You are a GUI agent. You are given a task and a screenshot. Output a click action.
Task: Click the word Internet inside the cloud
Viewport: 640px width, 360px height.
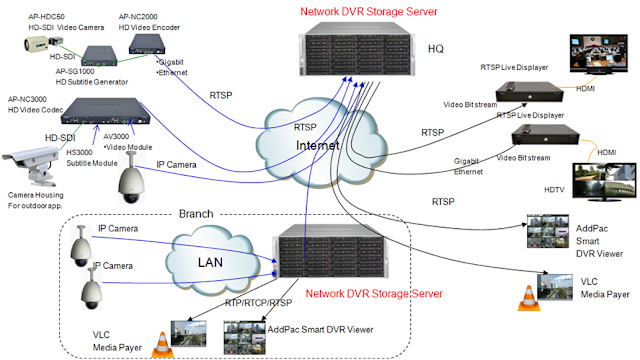coord(318,145)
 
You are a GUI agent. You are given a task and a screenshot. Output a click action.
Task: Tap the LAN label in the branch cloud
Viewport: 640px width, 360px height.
coord(210,262)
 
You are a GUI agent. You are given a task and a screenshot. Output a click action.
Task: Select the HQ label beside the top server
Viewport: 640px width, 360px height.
coord(436,49)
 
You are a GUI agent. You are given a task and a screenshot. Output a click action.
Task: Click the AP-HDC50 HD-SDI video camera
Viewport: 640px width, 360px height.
coord(43,44)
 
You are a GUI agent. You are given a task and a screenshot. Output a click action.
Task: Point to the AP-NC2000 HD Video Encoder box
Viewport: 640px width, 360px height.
coord(147,44)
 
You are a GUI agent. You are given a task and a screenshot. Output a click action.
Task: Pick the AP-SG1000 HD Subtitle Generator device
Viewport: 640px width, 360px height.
coord(99,56)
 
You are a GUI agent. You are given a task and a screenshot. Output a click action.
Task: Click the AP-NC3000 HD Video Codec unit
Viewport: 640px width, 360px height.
coord(105,111)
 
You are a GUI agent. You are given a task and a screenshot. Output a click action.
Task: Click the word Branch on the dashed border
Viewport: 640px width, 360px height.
coord(196,214)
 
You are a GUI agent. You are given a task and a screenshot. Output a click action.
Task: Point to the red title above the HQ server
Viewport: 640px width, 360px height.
coord(369,11)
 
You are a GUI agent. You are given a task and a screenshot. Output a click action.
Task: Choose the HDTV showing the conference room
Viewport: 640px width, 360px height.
coord(598,54)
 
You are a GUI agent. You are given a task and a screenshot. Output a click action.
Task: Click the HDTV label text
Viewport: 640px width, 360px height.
coord(554,190)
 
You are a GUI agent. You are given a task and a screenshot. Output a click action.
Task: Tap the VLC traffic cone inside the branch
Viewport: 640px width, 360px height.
coord(162,345)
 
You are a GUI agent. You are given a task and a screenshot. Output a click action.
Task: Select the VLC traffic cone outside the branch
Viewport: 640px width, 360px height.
coord(529,298)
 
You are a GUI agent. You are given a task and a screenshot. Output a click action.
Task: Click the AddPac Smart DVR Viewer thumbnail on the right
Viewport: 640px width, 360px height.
coord(548,231)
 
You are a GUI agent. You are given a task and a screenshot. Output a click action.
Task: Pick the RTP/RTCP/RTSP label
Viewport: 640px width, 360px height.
coord(258,303)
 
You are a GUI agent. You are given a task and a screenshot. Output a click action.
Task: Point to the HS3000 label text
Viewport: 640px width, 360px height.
coord(79,152)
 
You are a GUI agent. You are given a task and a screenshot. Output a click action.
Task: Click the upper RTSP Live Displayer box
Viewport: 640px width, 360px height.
coord(529,92)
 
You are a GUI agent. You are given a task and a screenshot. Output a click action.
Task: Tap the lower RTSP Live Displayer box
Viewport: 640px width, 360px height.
coord(545,135)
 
